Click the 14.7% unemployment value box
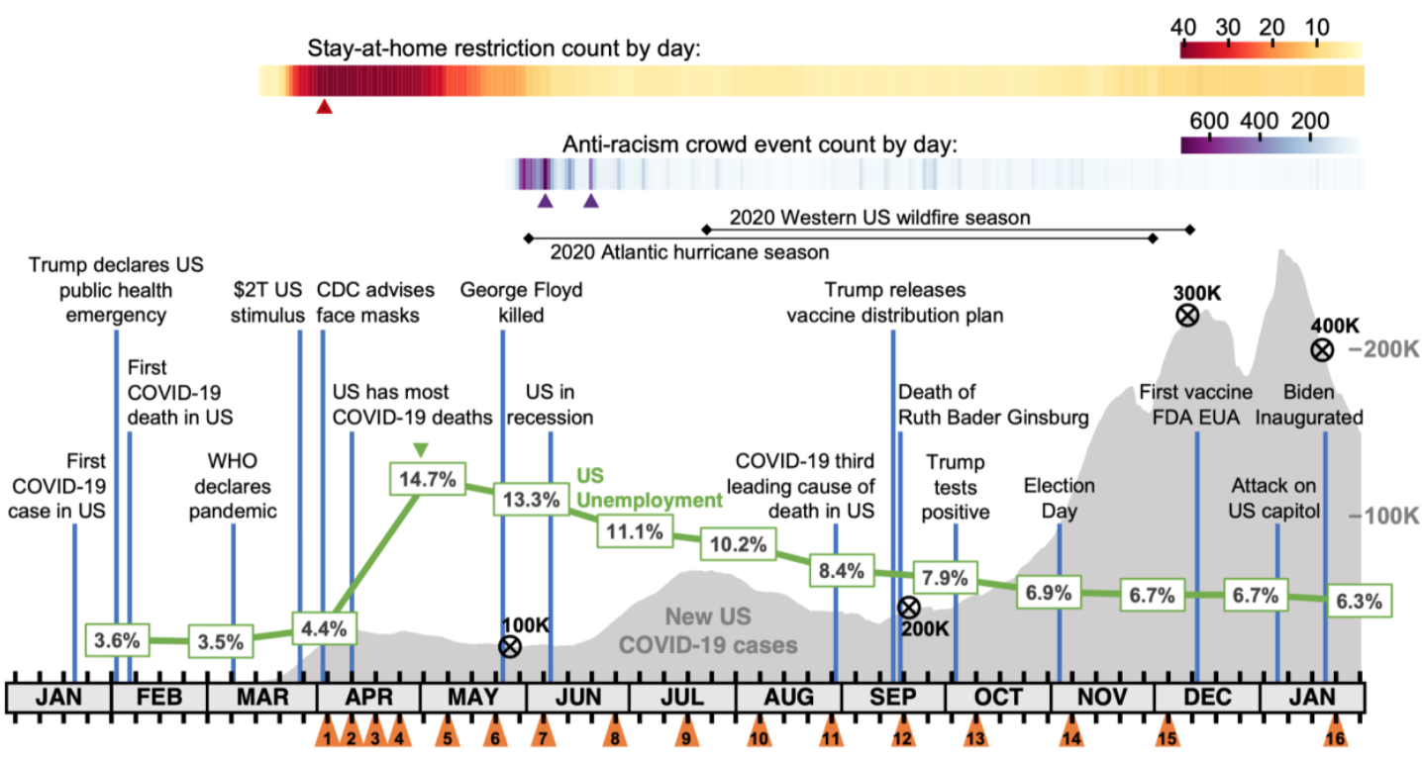tap(428, 480)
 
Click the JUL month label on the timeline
tap(683, 697)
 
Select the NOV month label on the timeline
tap(1102, 697)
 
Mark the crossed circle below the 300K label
tap(1187, 316)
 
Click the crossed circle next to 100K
tap(510, 647)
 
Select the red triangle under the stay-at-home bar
tap(324, 106)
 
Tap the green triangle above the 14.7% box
tap(421, 450)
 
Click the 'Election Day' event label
tap(1060, 498)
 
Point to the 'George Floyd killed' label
tap(521, 302)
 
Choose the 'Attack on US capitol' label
tap(1276, 498)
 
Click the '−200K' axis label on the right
tap(1383, 349)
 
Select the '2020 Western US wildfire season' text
tap(880, 217)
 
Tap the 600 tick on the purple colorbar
tap(1209, 121)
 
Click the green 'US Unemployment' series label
tap(649, 487)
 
